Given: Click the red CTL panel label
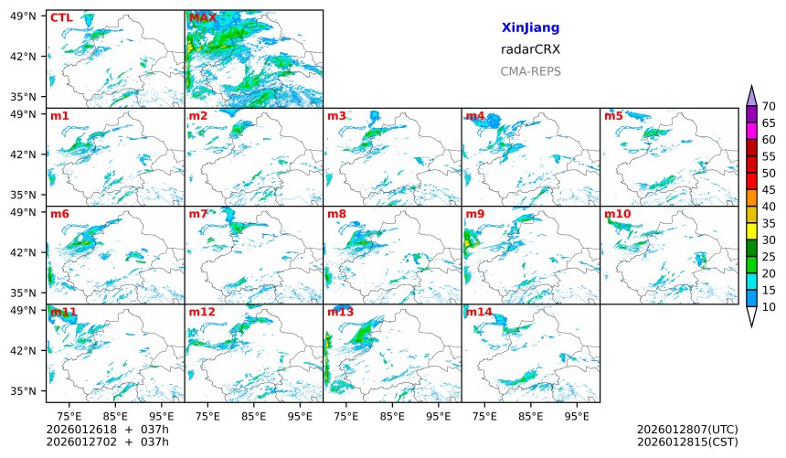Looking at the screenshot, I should tap(61, 17).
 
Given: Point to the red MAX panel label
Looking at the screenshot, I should tap(202, 17).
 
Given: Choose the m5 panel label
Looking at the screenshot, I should tap(613, 116).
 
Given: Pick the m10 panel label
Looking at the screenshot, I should tap(617, 215).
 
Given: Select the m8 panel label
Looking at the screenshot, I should tap(336, 215).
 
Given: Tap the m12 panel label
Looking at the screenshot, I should tap(202, 313).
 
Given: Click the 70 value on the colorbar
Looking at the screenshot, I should tap(769, 107).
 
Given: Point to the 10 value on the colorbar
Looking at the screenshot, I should tap(769, 307).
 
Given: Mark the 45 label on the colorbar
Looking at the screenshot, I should tap(769, 190).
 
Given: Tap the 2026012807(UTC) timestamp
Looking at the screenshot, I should tap(686, 430).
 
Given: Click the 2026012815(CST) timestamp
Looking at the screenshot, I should tap(686, 442).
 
